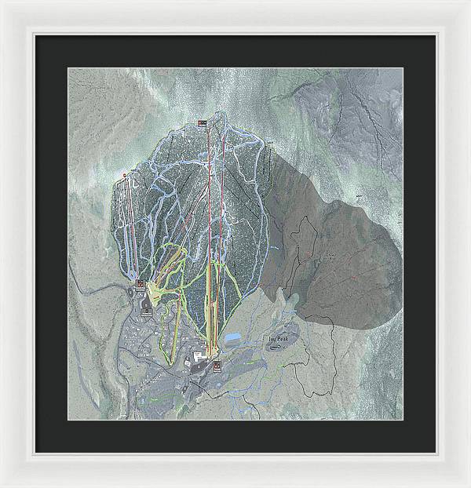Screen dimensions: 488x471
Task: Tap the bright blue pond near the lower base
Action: coord(234,339)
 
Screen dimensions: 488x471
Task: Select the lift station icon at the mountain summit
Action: coord(203,123)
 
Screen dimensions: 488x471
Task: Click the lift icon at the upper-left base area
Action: coord(140,283)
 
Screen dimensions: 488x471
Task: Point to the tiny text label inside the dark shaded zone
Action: coord(328,257)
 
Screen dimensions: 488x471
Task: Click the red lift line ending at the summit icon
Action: coord(207,196)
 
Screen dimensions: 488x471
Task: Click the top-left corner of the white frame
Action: coord(2,2)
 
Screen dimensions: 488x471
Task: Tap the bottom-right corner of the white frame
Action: coord(468,485)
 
